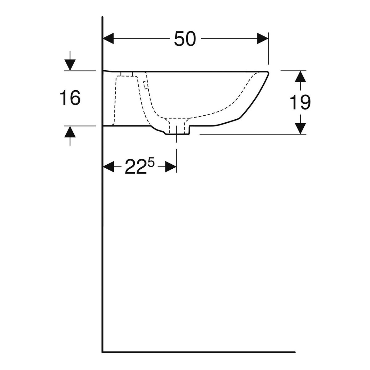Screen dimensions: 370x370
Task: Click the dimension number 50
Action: pyautogui.click(x=185, y=39)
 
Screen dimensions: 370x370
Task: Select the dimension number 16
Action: pyautogui.click(x=70, y=98)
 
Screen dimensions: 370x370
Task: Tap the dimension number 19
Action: pyautogui.click(x=300, y=102)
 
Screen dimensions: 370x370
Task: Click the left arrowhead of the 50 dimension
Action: pyautogui.click(x=109, y=39)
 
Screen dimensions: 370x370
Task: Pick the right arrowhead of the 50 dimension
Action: pyautogui.click(x=263, y=39)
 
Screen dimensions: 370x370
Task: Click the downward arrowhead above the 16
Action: pyautogui.click(x=70, y=65)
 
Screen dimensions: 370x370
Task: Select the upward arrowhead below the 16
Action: pyautogui.click(x=70, y=132)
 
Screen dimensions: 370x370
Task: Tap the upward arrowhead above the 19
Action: pyautogui.click(x=300, y=76)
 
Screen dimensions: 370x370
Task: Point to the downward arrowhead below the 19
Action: pyautogui.click(x=300, y=129)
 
